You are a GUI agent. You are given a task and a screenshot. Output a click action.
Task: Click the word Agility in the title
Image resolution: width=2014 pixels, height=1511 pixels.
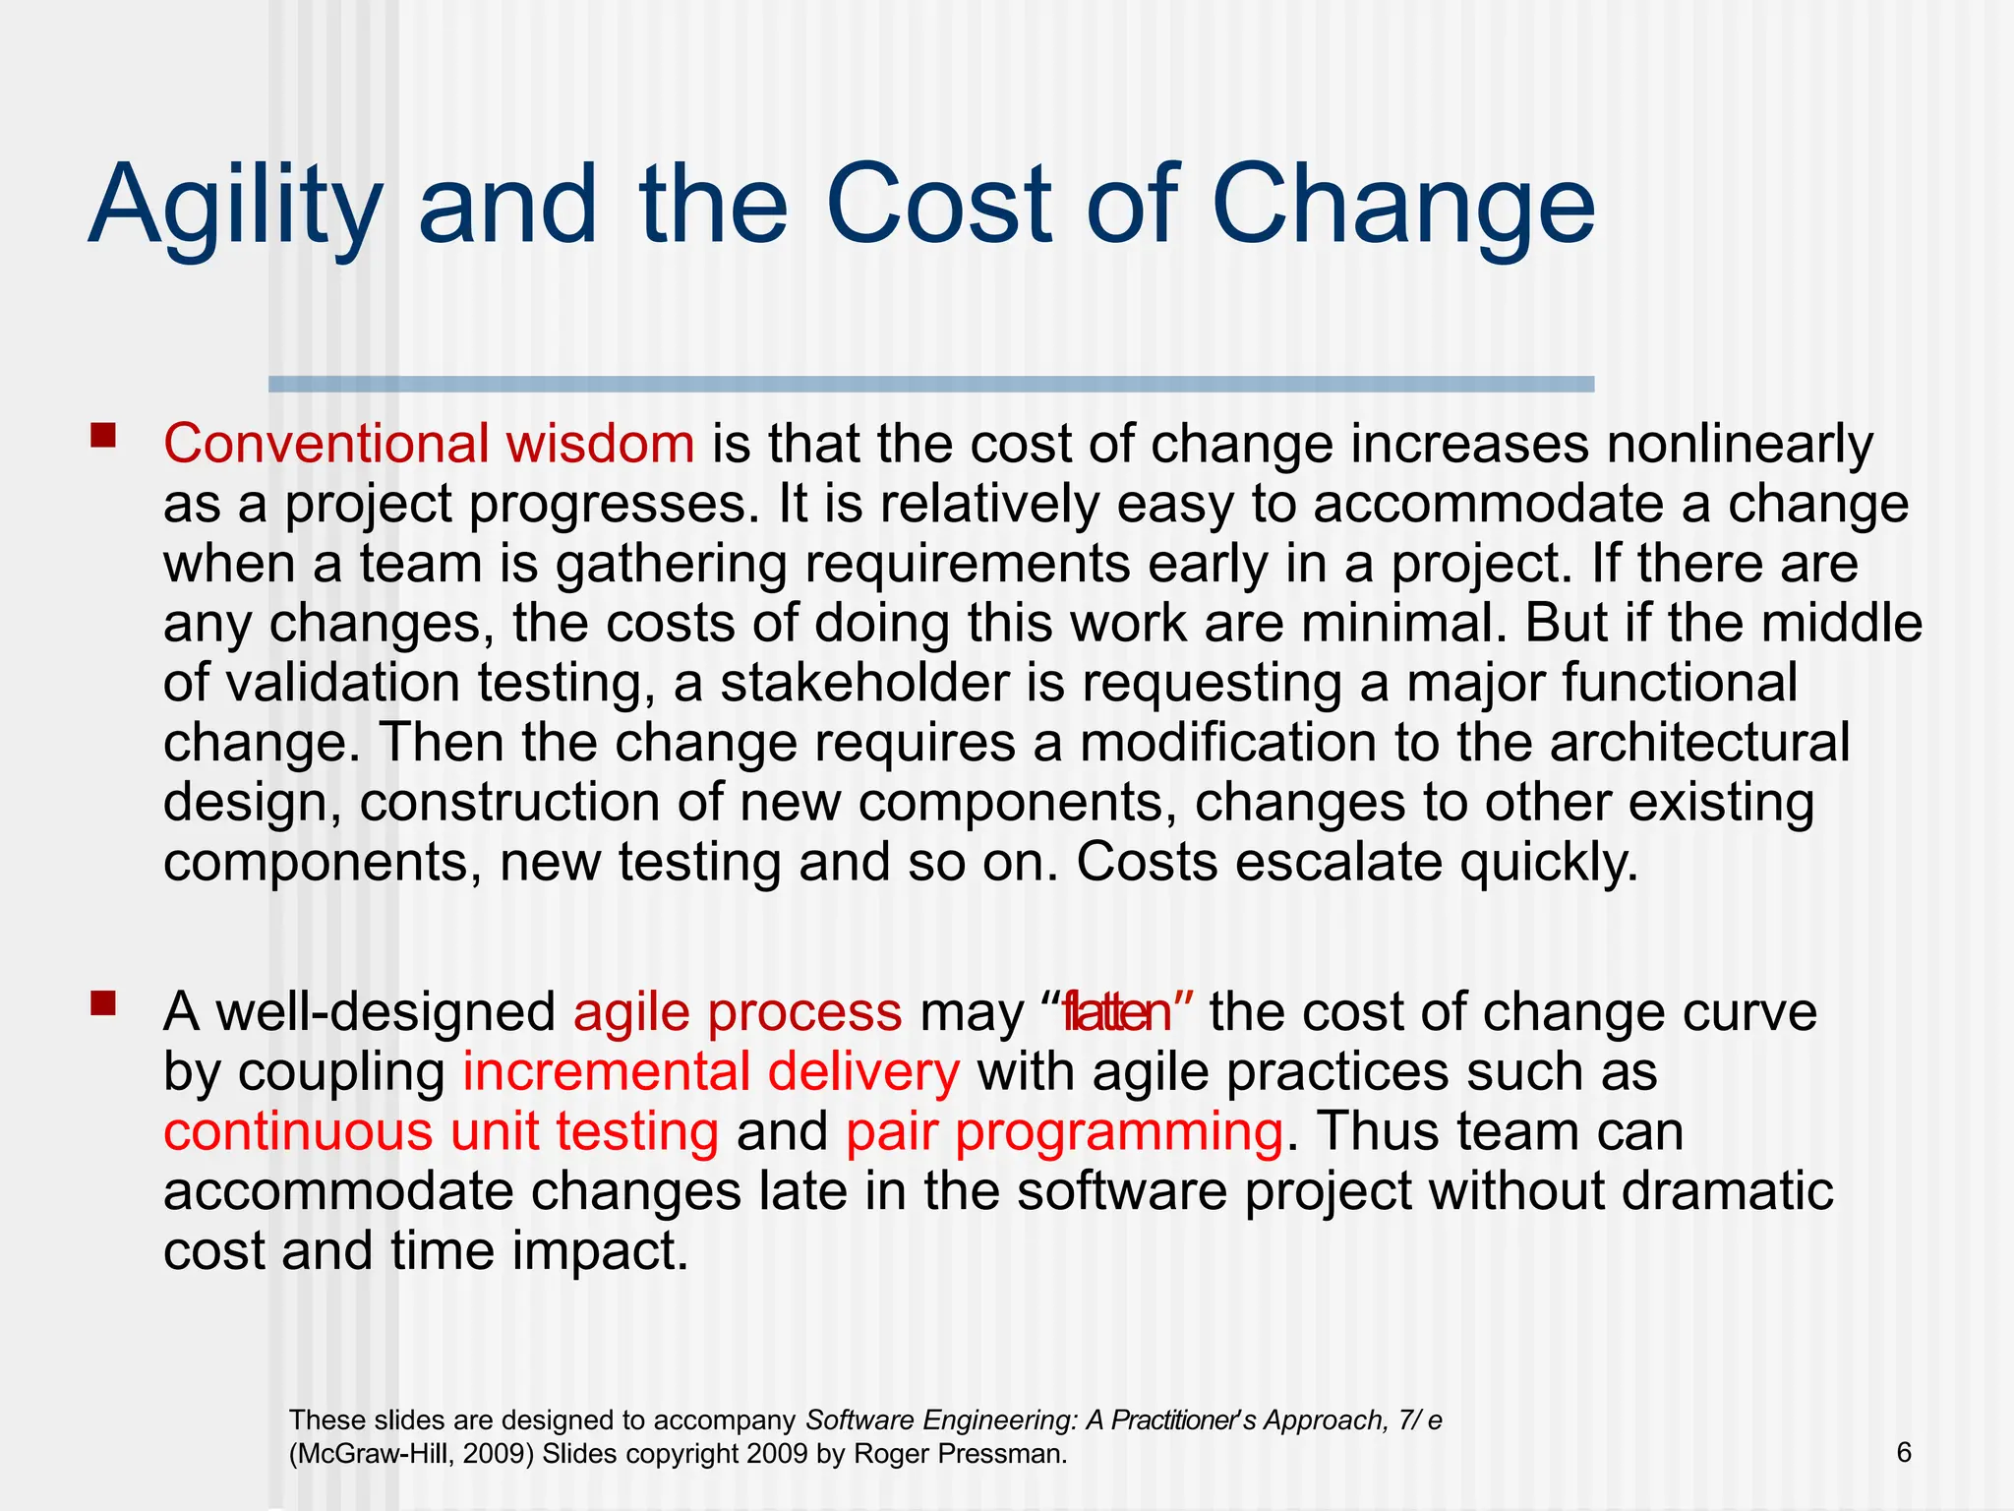tap(234, 207)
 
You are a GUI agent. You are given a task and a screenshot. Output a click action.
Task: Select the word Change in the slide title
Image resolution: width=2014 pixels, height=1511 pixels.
tap(1403, 207)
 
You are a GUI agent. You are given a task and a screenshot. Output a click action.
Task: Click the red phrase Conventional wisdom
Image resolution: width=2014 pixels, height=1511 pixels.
tap(429, 444)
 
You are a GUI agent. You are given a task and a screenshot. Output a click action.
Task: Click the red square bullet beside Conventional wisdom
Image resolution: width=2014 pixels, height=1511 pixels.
tap(102, 435)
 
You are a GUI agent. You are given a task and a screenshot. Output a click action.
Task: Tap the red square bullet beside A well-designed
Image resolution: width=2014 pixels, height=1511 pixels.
tap(102, 1003)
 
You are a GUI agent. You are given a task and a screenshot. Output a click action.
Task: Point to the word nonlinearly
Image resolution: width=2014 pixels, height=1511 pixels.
tap(1740, 444)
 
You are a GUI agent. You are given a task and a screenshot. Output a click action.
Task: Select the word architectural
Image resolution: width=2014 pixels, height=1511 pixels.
tap(1700, 743)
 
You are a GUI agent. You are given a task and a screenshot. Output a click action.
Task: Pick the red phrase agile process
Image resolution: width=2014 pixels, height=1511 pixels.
tap(737, 1012)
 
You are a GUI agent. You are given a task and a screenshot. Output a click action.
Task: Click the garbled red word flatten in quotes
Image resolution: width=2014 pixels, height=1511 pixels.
tap(1117, 1012)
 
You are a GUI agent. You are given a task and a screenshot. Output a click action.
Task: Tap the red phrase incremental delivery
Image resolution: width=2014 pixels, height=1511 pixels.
tap(710, 1072)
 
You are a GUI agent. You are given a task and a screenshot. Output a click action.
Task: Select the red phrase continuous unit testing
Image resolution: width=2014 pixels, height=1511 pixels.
tap(441, 1132)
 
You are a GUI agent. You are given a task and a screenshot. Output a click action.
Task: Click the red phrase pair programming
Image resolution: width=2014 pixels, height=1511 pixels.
tap(1064, 1132)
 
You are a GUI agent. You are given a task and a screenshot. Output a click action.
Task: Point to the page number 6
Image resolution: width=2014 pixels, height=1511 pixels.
tap(1904, 1453)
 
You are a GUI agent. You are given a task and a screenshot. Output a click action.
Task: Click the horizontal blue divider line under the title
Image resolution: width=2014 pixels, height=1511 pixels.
tap(930, 385)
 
